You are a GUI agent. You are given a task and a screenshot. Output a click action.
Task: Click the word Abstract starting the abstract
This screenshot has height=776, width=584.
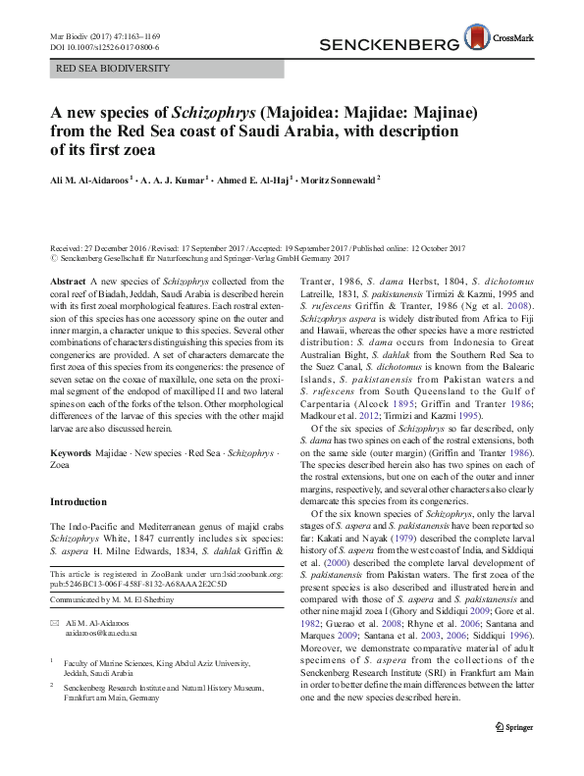[67, 281]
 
